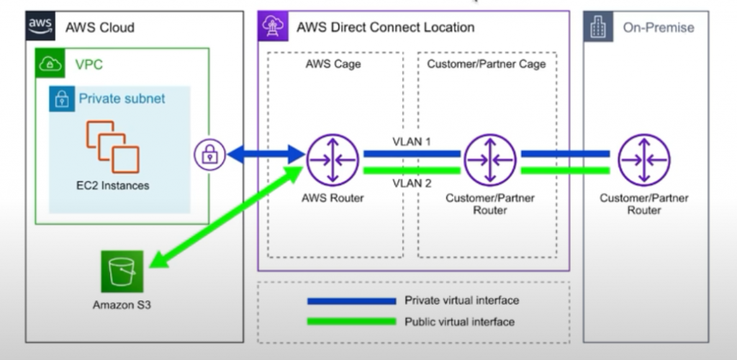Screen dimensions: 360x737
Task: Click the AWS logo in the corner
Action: coord(41,27)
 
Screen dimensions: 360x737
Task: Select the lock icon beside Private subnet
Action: coord(63,99)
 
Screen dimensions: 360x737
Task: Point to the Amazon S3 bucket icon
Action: coord(122,271)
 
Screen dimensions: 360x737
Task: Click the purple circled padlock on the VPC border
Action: coord(209,154)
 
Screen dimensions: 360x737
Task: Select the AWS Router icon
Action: coord(333,160)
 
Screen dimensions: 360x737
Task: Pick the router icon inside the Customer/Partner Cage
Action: coord(489,160)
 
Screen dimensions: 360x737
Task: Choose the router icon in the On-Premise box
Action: coord(644,160)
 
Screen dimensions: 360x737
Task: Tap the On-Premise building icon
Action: coord(598,27)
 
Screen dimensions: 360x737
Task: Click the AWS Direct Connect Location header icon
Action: coord(273,27)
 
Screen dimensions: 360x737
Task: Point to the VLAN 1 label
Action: coord(412,141)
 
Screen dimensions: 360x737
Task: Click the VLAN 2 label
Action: coord(412,184)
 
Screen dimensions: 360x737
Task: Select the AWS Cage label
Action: coord(333,64)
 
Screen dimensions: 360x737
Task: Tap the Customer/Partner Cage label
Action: coord(487,64)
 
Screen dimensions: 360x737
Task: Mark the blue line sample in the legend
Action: coord(351,301)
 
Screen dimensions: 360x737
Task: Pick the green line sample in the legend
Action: coord(351,321)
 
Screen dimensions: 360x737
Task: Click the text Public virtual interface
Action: coord(459,321)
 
